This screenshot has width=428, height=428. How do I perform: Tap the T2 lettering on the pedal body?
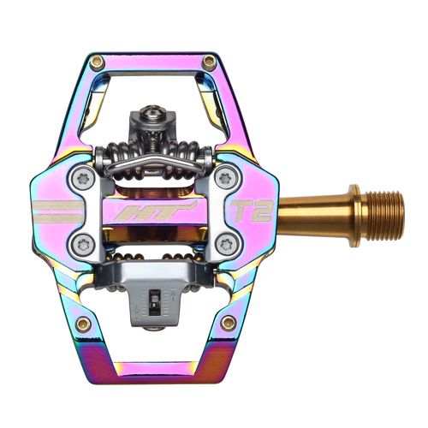pyautogui.click(x=257, y=211)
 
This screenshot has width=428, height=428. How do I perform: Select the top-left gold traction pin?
pyautogui.click(x=97, y=62)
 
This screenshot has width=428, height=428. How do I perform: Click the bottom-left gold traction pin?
pyautogui.click(x=83, y=324)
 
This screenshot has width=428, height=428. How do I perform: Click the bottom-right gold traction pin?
pyautogui.click(x=228, y=323)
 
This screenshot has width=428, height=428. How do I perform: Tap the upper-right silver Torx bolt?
pyautogui.click(x=225, y=179)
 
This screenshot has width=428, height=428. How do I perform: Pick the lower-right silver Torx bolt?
pyautogui.click(x=225, y=242)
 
